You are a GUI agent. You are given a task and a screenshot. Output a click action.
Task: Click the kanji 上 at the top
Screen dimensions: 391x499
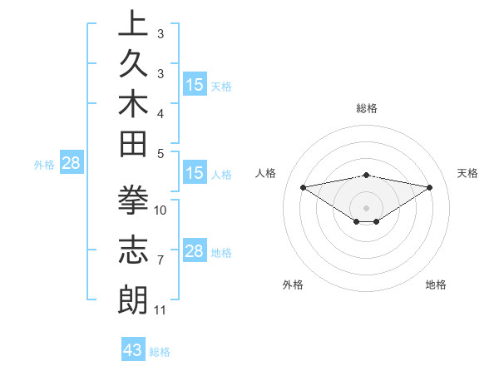(133, 24)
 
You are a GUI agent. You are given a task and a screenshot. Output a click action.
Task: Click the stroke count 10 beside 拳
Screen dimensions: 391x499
(161, 210)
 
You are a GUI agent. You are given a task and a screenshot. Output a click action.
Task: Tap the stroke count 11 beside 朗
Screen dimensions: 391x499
(161, 310)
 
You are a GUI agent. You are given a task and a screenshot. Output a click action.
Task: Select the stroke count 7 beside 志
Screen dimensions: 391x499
(161, 260)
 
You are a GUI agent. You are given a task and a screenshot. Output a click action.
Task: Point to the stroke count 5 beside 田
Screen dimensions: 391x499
(161, 152)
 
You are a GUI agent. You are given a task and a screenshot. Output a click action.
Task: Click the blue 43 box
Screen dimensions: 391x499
(133, 350)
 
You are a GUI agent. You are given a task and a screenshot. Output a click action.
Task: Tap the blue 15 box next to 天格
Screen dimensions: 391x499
(195, 84)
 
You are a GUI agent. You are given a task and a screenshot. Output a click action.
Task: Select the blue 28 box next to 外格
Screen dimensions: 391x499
(72, 163)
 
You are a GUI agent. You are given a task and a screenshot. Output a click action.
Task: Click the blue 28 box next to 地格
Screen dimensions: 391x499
(195, 251)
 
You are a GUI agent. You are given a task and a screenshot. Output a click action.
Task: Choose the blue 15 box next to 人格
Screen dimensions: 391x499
(195, 173)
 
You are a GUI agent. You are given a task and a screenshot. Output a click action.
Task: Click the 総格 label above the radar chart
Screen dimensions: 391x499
(367, 108)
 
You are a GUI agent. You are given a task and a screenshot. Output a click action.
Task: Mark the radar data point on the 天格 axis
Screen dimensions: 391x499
(430, 187)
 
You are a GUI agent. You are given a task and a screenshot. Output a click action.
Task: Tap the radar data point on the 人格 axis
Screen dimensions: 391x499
(304, 186)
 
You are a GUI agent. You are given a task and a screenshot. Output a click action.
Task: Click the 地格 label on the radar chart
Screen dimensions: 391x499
(436, 285)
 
